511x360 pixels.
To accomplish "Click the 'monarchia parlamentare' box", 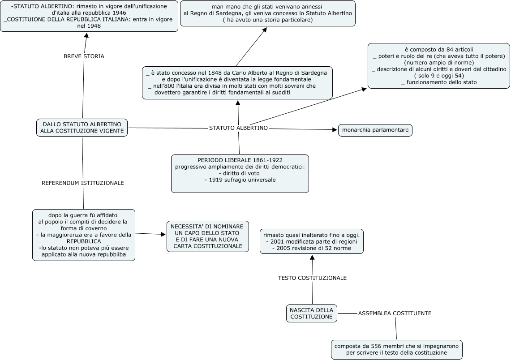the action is click(x=375, y=130).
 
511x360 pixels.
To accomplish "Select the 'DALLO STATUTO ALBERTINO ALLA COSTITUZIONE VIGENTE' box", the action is click(x=82, y=127).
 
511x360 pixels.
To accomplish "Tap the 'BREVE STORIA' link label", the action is click(x=84, y=56).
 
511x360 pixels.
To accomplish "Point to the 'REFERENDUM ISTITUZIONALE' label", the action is click(x=83, y=183).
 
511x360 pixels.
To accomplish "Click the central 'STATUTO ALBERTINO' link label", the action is click(x=238, y=128).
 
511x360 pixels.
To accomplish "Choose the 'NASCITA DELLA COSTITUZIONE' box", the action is click(x=312, y=313).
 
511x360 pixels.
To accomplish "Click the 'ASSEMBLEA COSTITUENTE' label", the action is click(x=395, y=313).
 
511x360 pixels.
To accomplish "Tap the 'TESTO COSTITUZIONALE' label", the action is click(x=312, y=278).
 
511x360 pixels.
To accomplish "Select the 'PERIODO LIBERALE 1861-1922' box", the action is click(x=240, y=174).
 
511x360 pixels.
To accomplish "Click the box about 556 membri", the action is click(x=397, y=350).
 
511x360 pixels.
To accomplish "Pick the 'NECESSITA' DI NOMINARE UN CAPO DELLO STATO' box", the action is click(x=208, y=236).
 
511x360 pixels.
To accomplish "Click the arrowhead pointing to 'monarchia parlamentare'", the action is click(x=335, y=130).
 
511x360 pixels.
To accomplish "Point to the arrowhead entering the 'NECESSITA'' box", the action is click(x=163, y=234).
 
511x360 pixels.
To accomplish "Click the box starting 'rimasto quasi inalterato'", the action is click(x=312, y=241).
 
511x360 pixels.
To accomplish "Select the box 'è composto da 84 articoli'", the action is click(x=438, y=66).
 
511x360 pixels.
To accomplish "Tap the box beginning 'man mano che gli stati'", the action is click(x=267, y=13).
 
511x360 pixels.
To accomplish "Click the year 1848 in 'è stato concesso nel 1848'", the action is click(x=214, y=73).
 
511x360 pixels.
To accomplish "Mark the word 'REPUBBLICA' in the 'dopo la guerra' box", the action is click(x=84, y=241).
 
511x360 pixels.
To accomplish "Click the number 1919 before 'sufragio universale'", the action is click(x=215, y=180).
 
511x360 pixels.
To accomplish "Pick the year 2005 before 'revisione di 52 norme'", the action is click(x=283, y=248).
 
